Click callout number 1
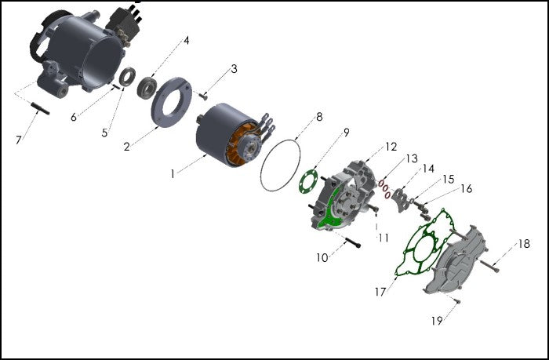click(173, 174)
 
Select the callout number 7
click(19, 140)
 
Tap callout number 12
click(391, 147)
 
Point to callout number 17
click(380, 292)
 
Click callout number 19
click(437, 320)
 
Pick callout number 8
click(319, 118)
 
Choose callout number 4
click(186, 40)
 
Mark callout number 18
click(523, 245)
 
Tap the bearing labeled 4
click(146, 86)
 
